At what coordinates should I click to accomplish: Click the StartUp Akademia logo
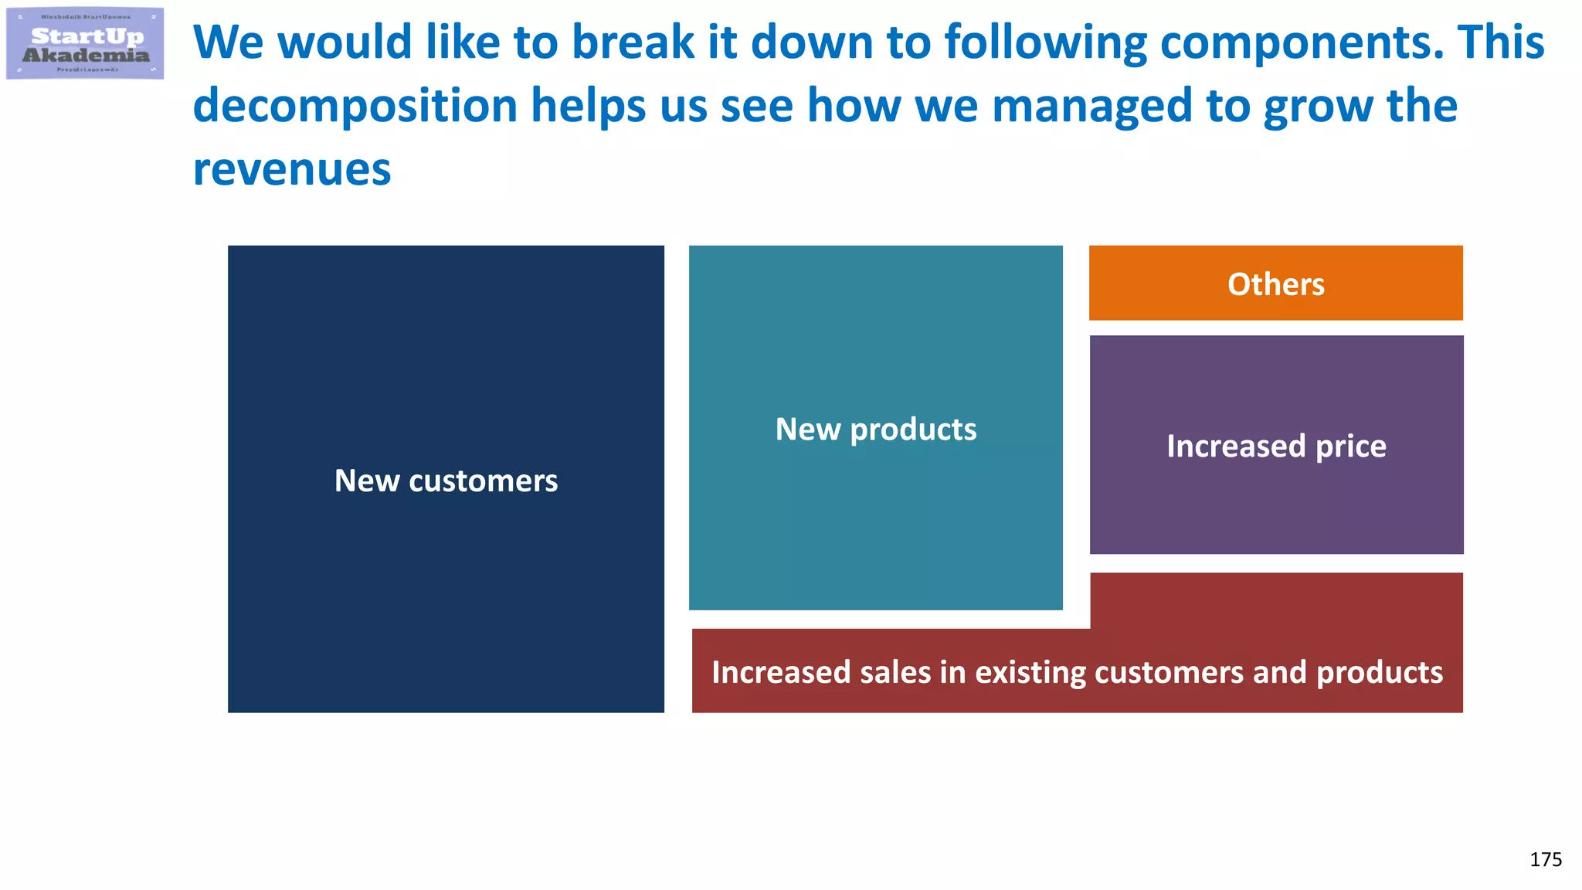85,44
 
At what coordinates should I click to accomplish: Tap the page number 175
1545,859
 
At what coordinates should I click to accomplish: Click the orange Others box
1275,284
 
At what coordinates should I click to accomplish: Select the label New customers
446,481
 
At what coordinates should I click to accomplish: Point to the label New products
875,429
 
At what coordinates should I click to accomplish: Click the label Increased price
1276,446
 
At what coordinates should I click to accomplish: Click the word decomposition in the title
355,106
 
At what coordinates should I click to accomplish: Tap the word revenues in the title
292,169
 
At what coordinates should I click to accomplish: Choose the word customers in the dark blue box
483,481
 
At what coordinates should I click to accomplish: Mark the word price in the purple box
1350,446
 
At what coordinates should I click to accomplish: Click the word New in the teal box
807,429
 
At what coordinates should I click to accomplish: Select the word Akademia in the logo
86,56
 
